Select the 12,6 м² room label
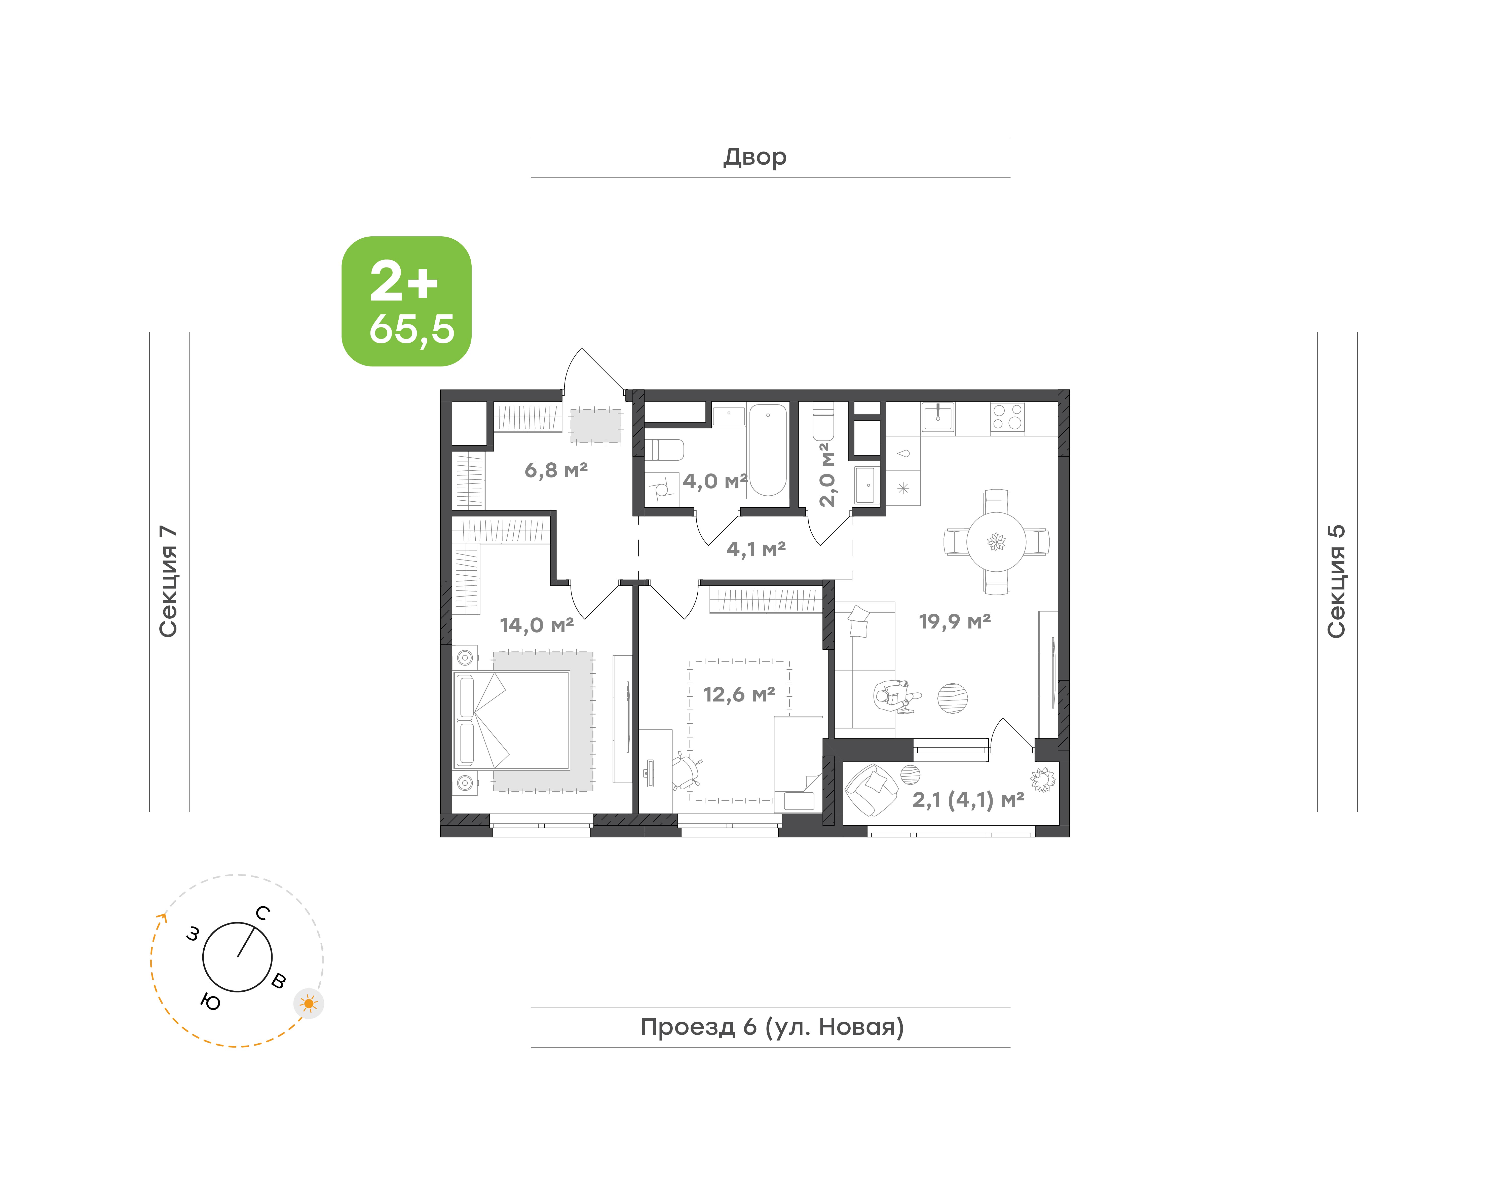pos(739,694)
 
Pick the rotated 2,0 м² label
pos(827,475)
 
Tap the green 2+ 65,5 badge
pos(406,301)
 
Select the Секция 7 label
pos(169,581)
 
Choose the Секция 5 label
pos(1337,581)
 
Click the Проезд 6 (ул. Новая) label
pos(772,1027)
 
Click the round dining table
pos(996,542)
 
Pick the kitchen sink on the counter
pos(938,417)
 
